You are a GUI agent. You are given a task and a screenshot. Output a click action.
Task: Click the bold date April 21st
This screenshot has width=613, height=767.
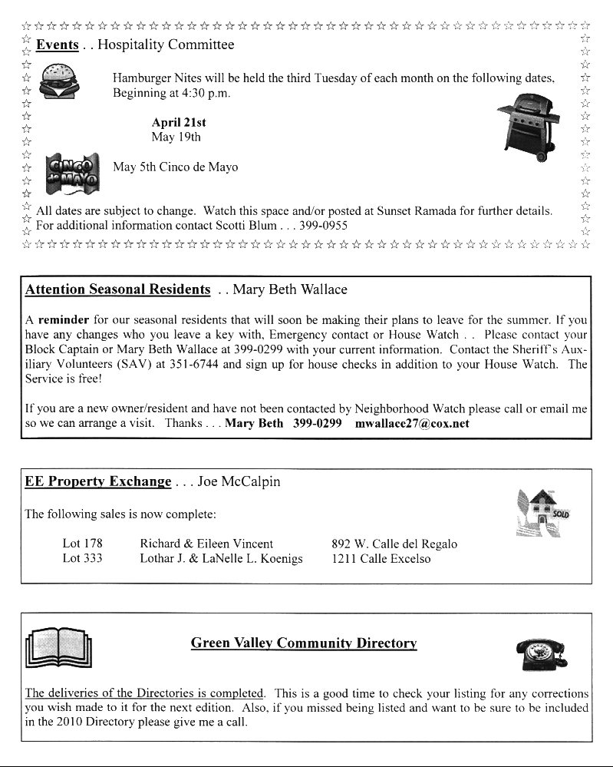pos(179,122)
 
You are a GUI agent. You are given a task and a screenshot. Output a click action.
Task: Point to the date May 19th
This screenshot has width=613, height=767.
pos(176,137)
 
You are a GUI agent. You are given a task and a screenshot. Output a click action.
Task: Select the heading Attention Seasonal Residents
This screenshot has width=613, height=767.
pos(117,289)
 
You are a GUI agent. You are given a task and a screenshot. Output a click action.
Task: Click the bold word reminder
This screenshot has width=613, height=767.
pos(64,319)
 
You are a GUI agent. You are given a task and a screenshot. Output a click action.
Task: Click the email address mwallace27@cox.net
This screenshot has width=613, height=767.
pos(412,423)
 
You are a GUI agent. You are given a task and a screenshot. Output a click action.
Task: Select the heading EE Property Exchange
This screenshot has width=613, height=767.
pos(98,482)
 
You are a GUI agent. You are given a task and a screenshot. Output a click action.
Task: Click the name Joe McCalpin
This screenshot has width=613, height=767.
pos(239,482)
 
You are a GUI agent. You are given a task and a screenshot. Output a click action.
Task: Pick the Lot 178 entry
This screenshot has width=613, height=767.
pos(82,544)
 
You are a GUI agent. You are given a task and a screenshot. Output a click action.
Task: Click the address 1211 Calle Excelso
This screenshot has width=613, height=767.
pos(381,559)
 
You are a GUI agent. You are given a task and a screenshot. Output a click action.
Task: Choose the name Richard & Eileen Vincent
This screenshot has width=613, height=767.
pos(206,544)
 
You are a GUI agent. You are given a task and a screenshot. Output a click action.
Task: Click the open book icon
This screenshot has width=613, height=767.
pos(58,650)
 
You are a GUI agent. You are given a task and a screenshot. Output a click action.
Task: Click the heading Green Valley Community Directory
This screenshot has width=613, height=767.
pos(303,643)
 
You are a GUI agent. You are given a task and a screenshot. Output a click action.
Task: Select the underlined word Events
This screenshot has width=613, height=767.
pos(57,45)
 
